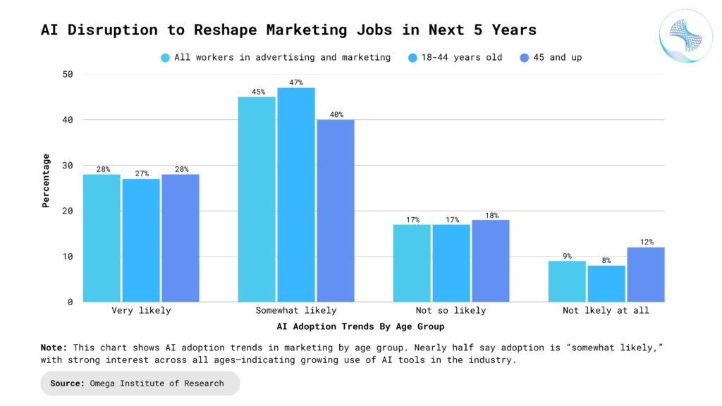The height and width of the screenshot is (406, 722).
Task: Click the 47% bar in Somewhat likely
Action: point(295,195)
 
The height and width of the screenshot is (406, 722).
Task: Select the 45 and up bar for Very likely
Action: point(180,238)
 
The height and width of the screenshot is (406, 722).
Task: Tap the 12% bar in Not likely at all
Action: point(645,275)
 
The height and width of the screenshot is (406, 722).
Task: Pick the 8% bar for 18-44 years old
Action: point(606,283)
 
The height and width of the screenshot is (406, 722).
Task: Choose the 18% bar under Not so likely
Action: point(490,261)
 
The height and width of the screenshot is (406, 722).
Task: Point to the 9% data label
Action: point(567,256)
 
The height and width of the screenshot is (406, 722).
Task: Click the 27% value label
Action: point(141,173)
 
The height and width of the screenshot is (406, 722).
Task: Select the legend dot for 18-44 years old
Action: point(413,58)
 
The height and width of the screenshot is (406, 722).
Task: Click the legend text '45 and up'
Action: point(557,58)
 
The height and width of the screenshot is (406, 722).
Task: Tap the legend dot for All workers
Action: point(165,58)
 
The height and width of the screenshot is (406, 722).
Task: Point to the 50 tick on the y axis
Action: point(68,74)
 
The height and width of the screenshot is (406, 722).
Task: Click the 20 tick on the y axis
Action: point(68,211)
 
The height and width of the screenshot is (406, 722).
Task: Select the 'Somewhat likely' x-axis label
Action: point(295,310)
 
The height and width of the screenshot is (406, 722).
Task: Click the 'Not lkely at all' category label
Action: point(606,310)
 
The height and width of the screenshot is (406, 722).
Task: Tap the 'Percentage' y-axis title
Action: point(46,180)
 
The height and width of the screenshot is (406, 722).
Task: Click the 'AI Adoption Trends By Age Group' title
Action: point(360,327)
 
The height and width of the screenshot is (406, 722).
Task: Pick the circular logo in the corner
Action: point(685,36)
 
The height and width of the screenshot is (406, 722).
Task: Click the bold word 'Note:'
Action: point(54,347)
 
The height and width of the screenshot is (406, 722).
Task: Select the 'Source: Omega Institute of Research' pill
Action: point(140,383)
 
